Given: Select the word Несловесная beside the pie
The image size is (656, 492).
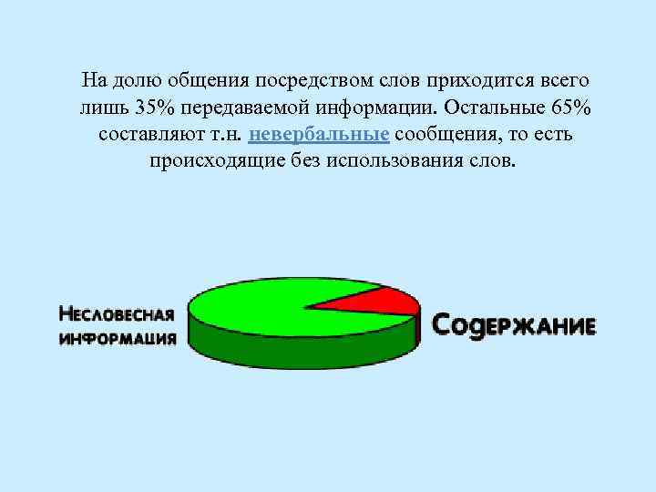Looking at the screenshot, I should click(x=116, y=315).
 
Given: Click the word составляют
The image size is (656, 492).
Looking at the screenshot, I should click(x=144, y=135).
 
